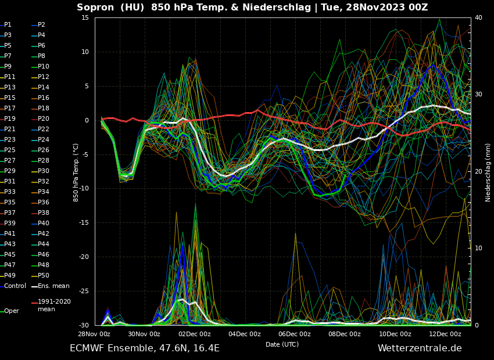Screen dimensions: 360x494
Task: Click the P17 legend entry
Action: click(10, 109)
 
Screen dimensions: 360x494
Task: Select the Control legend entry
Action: click(15, 286)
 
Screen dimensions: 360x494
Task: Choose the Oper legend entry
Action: click(12, 311)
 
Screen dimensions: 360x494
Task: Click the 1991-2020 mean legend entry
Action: click(54, 305)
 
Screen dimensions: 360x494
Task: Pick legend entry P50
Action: click(44, 276)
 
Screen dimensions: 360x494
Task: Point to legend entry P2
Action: click(41, 25)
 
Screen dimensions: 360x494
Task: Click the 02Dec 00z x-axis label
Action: click(194, 334)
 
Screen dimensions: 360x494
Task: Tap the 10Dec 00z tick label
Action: click(395, 334)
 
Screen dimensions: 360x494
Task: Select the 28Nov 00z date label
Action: click(94, 334)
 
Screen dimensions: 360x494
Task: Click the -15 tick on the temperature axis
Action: click(84, 223)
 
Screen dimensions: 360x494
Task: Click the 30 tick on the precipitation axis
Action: click(478, 95)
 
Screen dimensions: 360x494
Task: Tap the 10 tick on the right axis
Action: click(478, 249)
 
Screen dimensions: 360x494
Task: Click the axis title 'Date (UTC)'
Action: click(282, 344)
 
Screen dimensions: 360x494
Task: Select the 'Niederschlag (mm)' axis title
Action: click(488, 172)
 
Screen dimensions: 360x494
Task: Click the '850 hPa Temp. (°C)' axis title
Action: click(76, 172)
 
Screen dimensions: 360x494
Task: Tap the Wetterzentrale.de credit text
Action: click(420, 348)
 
